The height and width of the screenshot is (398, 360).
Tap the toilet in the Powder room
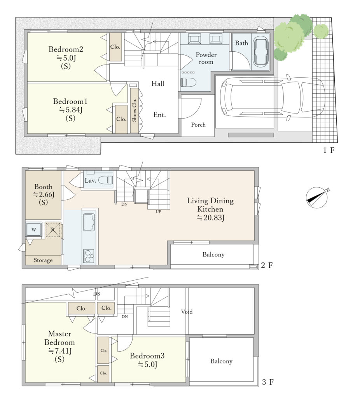188,82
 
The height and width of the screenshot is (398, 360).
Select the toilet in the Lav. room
105,180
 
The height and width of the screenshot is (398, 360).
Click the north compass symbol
317,198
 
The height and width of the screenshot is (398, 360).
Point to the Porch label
198,125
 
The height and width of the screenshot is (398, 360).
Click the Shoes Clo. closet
134,110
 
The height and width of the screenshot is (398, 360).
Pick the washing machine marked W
34,230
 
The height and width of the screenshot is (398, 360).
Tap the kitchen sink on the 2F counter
89,222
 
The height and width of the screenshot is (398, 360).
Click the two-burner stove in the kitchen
89,256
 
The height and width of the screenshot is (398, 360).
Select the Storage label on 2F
43,260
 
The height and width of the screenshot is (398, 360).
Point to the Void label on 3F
187,311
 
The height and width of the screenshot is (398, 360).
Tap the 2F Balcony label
213,254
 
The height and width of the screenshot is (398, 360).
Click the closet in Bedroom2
115,47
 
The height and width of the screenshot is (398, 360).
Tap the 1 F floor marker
329,150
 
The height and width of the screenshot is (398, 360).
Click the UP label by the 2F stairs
158,211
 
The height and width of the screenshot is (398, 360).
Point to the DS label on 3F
97,294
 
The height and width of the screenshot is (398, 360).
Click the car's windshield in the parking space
291,97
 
